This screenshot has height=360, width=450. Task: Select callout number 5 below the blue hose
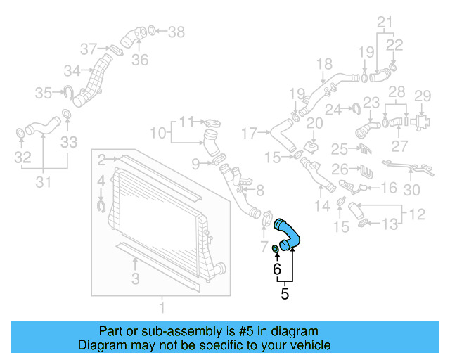tap(285, 294)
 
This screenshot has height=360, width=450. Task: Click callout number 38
tap(176, 32)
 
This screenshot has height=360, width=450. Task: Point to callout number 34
tap(72, 70)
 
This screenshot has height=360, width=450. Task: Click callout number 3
tap(135, 279)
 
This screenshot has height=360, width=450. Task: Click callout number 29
tap(422, 96)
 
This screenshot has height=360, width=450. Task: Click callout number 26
tap(340, 169)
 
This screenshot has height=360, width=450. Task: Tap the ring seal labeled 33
tap(67, 114)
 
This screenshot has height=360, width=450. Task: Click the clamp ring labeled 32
tap(21, 132)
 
